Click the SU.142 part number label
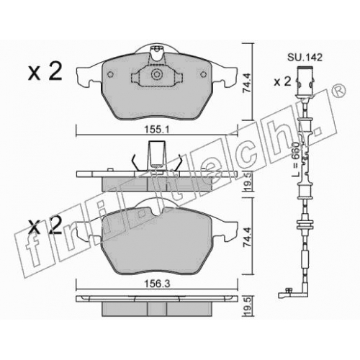click(x=305, y=58)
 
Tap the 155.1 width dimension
click(x=157, y=130)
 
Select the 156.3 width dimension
click(x=157, y=284)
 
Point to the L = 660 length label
click(x=295, y=160)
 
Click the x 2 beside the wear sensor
click(x=282, y=82)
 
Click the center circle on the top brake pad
click(x=156, y=74)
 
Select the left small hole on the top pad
click(x=110, y=75)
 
